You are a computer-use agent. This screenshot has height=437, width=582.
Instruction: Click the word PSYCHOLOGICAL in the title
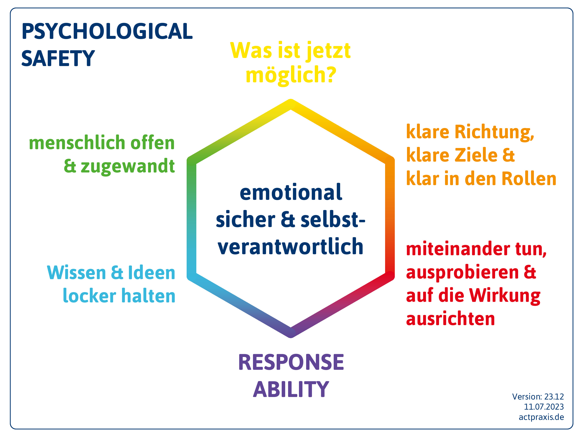coord(107,31)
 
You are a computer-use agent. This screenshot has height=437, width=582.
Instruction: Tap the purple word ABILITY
coord(291,389)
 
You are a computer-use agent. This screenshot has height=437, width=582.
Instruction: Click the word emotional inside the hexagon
coord(291,192)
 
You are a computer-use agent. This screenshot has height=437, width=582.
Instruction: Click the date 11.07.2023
coord(544,407)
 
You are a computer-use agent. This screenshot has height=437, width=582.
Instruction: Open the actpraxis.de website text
coord(541,417)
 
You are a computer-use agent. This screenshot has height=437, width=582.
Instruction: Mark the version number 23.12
coord(554,396)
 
